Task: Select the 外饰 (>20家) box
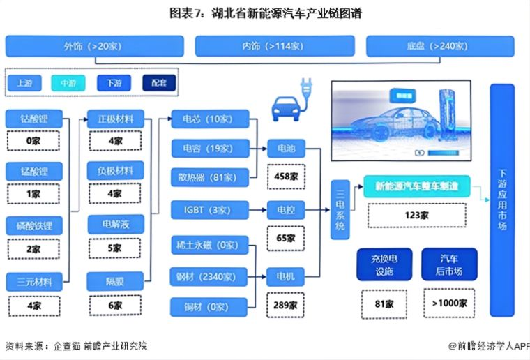94,46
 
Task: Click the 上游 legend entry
24,82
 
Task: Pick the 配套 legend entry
159,82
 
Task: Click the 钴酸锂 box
33,118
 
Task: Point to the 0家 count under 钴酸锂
33,140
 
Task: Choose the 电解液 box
115,225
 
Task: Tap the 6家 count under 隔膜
115,304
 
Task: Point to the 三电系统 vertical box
340,209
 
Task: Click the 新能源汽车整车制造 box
416,186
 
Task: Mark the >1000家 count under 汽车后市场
449,303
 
